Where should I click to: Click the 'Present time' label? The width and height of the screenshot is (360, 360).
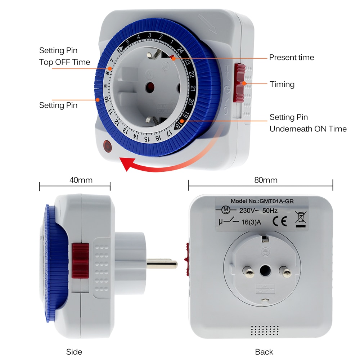[x=292, y=58]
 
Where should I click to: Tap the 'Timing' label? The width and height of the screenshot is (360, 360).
[x=282, y=85]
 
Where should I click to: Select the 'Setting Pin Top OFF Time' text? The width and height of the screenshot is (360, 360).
[x=64, y=56]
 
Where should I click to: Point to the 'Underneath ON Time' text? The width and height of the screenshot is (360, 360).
[x=308, y=129]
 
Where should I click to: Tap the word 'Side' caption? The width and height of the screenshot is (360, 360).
[x=74, y=352]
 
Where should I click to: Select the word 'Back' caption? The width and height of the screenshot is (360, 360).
[x=264, y=352]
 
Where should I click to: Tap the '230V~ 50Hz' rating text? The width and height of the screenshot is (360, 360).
[x=254, y=211]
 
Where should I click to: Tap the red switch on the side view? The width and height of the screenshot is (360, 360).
[x=80, y=261]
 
